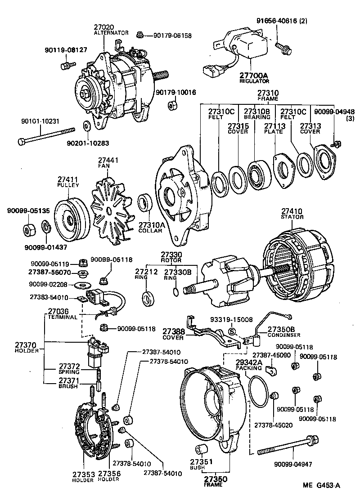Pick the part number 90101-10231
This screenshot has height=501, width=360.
[x=40, y=121]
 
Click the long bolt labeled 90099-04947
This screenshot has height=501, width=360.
[x=288, y=450]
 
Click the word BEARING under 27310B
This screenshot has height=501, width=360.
[x=256, y=117]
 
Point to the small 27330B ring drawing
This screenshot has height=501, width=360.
[x=175, y=293]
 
